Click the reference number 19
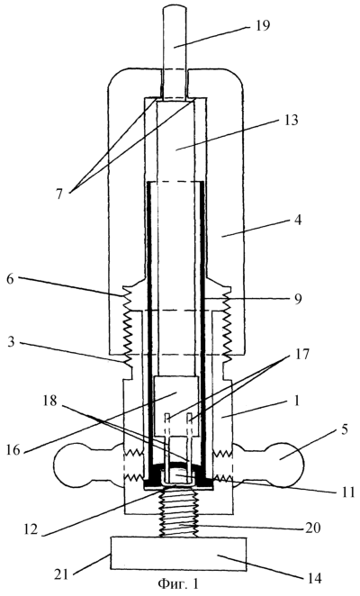pyautogui.click(x=262, y=26)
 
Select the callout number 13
pyautogui.click(x=290, y=120)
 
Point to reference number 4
pyautogui.click(x=298, y=220)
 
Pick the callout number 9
pyautogui.click(x=298, y=299)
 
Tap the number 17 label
pyautogui.click(x=301, y=355)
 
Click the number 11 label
pyautogui.click(x=346, y=491)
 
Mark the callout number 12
pyautogui.click(x=30, y=528)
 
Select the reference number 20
pyautogui.click(x=313, y=528)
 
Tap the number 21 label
pyautogui.click(x=62, y=574)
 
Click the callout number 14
pyautogui.click(x=314, y=579)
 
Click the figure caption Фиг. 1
pyautogui.click(x=178, y=583)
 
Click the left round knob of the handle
pyautogui.click(x=69, y=465)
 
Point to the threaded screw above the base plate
pyautogui.click(x=178, y=513)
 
